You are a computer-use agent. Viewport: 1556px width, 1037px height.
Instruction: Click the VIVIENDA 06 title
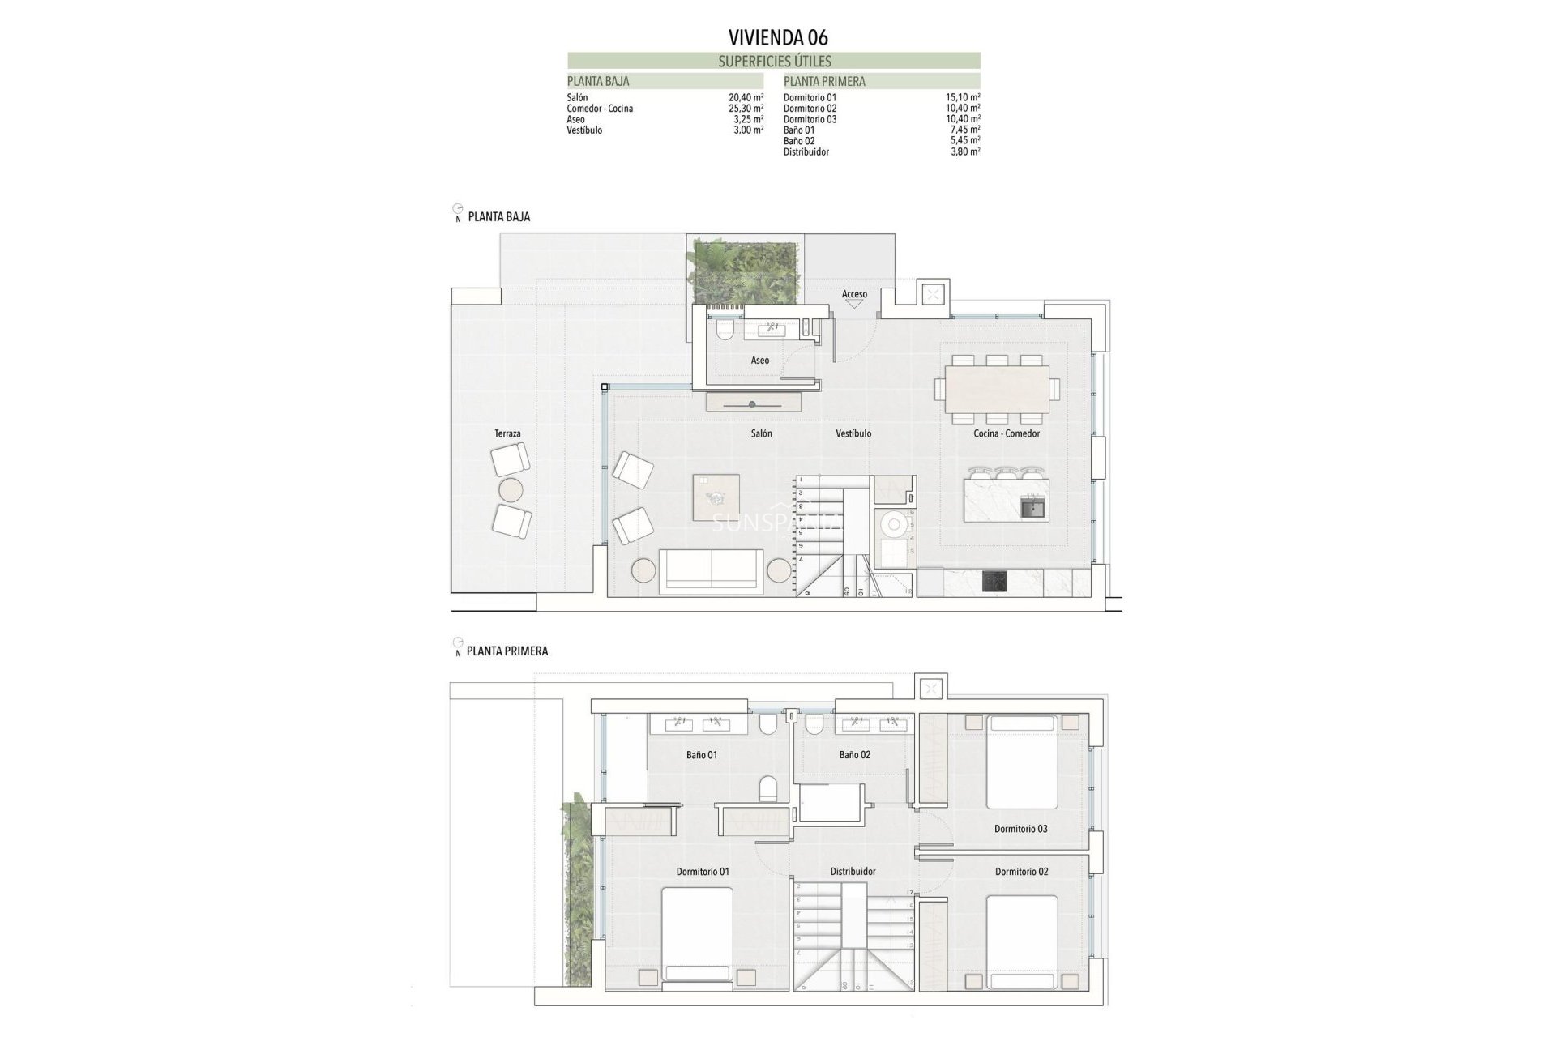pyautogui.click(x=778, y=37)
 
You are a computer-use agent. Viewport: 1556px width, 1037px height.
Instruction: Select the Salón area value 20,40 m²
pyautogui.click(x=746, y=97)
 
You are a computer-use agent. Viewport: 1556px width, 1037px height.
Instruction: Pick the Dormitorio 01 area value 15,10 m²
pyautogui.click(x=963, y=97)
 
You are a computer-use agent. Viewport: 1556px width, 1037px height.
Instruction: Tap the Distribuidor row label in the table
pyautogui.click(x=806, y=152)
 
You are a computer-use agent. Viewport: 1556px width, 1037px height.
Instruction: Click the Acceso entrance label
pyautogui.click(x=854, y=294)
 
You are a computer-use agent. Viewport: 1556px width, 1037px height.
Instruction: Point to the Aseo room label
pyautogui.click(x=759, y=361)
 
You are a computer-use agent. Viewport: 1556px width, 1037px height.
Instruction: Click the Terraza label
pyautogui.click(x=507, y=434)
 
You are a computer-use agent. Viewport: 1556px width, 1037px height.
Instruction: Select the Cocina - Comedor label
pyautogui.click(x=1007, y=434)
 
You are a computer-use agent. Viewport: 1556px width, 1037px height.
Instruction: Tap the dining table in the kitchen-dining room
pyautogui.click(x=997, y=389)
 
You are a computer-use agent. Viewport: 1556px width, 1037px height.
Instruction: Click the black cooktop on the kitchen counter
pyautogui.click(x=994, y=581)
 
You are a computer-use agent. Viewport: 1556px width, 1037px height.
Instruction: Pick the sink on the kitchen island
pyautogui.click(x=1033, y=509)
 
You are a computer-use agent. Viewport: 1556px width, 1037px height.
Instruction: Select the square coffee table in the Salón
pyautogui.click(x=716, y=497)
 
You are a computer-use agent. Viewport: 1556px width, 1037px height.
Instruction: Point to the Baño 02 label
pyautogui.click(x=854, y=755)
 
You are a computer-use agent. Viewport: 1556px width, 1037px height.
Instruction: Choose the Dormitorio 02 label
pyautogui.click(x=1021, y=872)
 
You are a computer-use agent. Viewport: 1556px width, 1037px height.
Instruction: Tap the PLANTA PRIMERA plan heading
pyautogui.click(x=507, y=651)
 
